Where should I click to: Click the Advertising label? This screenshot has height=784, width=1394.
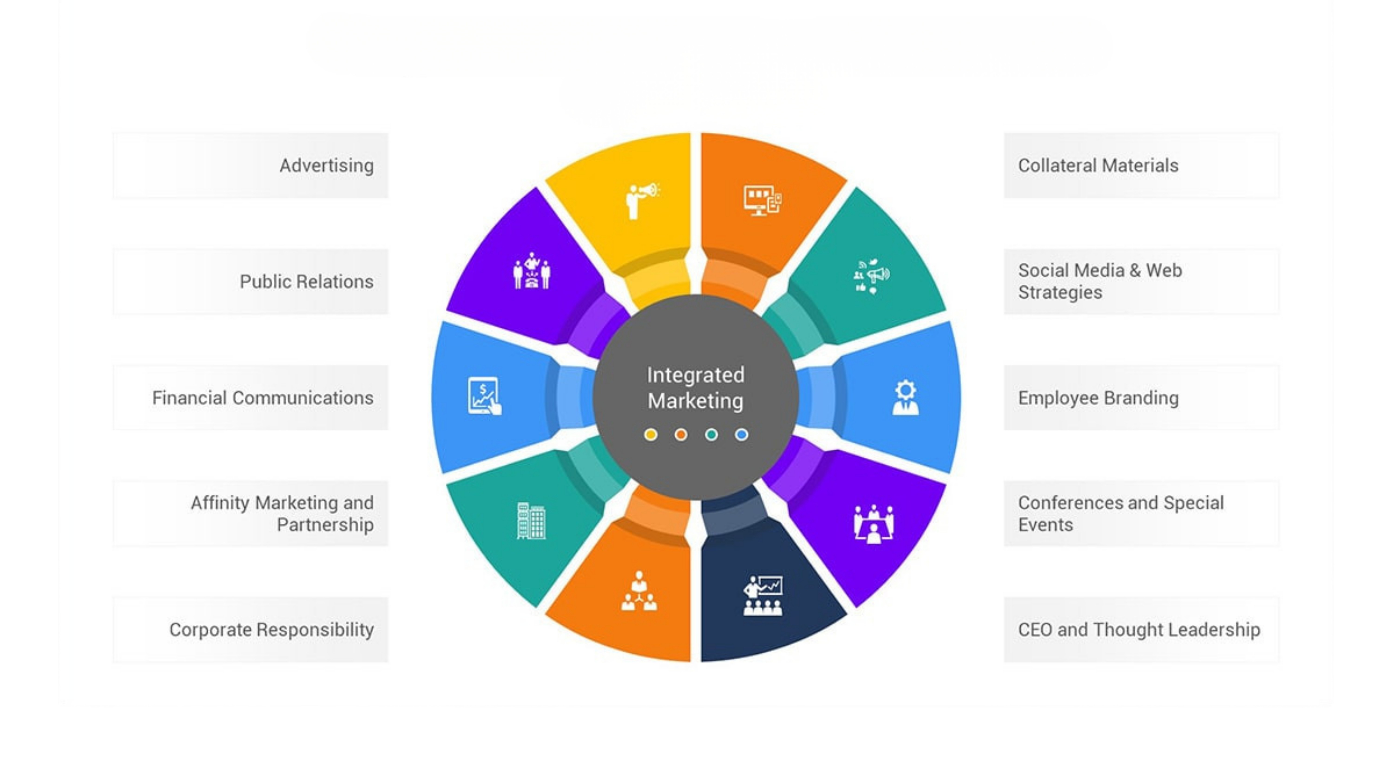pos(326,166)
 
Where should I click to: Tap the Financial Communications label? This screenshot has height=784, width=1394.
pos(263,398)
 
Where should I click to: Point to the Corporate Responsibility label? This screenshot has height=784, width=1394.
pos(271,630)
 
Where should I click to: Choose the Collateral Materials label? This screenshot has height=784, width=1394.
pos(1098,166)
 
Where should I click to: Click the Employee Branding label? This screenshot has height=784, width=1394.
pos(1098,398)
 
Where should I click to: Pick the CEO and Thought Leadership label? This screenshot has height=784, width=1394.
pos(1139,630)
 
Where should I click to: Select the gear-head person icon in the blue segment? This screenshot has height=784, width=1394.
pos(905,398)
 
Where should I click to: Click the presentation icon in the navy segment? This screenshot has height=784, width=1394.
pos(763,596)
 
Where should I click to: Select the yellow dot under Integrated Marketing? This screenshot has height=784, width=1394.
pos(651,434)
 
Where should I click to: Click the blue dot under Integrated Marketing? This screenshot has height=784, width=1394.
pos(741,434)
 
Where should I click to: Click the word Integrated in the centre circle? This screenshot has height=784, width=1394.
pos(695,375)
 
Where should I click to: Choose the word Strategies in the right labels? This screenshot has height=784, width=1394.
pos(1060,293)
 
